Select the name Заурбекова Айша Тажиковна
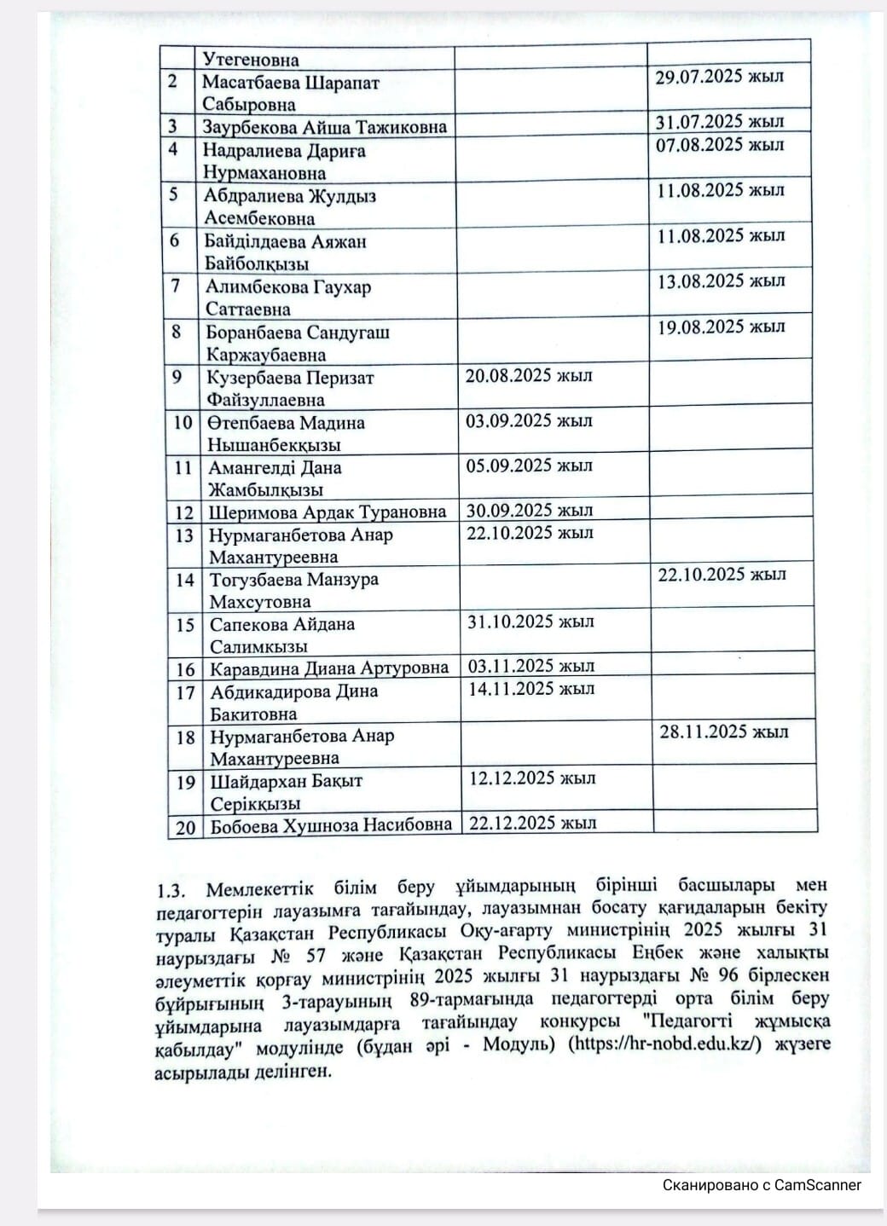pos(324,127)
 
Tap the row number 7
pos(176,286)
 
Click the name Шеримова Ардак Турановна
pos(328,512)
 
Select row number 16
pos(185,670)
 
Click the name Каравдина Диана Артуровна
pos(329,668)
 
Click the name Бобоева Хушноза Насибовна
pos(331,825)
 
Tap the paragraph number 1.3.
pos(171,891)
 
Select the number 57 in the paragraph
pos(316,955)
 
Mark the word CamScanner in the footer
pos(817,1185)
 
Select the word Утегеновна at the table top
pos(251,60)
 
